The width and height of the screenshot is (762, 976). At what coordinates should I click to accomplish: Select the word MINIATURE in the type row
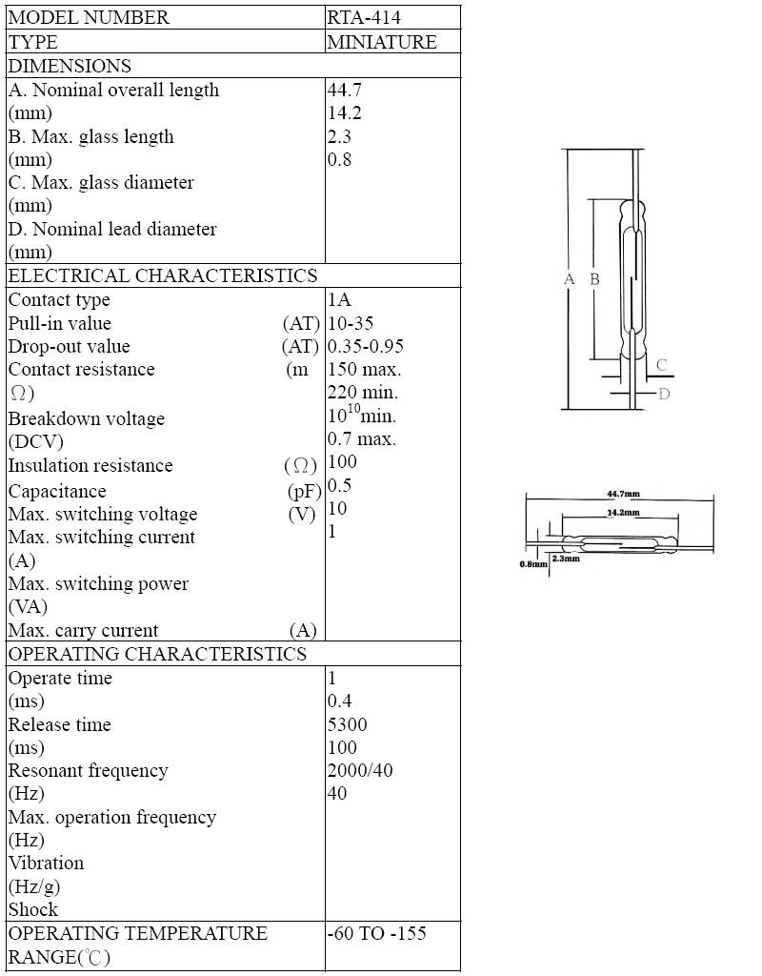(381, 42)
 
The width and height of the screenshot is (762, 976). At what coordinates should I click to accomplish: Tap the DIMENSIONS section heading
(70, 66)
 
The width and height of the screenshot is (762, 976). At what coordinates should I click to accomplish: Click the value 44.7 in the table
(344, 90)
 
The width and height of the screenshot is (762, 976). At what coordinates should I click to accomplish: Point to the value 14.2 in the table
(344, 112)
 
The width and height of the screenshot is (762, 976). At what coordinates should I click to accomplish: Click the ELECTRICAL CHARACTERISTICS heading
(163, 275)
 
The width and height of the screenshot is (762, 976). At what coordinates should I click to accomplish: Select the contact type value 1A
(339, 299)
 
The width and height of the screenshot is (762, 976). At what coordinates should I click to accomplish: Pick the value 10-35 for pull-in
(351, 323)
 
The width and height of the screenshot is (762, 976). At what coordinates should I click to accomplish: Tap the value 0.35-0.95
(365, 346)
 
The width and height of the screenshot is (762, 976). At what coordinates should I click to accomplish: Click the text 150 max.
(364, 369)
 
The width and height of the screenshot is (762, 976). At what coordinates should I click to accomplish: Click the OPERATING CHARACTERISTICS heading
(157, 654)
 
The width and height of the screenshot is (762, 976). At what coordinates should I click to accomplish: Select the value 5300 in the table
(347, 724)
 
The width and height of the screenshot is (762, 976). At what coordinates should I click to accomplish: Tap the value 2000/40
(359, 770)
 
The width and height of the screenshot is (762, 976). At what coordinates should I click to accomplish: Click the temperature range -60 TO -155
(376, 933)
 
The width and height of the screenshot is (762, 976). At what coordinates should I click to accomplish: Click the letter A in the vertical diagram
(570, 279)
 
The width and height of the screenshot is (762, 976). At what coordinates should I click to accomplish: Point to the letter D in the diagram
(664, 394)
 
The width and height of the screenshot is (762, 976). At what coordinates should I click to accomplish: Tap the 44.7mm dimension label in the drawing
(623, 494)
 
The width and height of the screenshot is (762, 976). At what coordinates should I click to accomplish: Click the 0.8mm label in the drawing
(533, 564)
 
